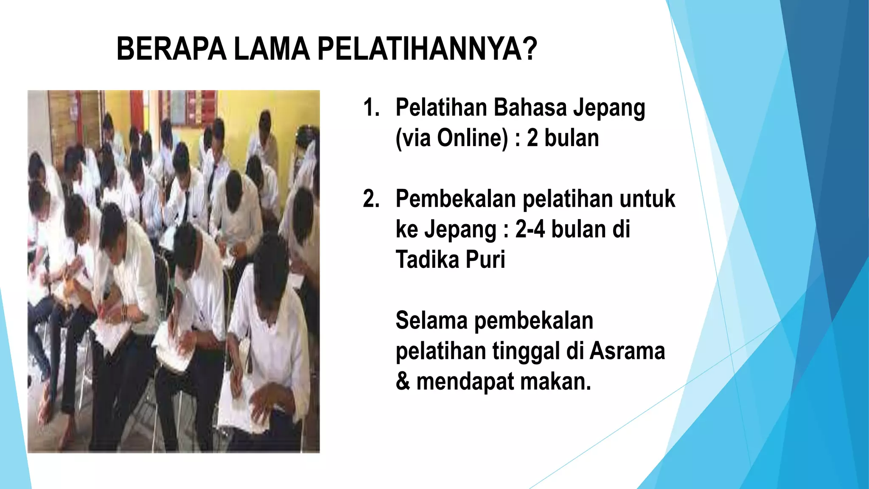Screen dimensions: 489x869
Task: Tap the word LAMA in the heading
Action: click(272, 49)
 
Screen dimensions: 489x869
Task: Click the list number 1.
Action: click(371, 107)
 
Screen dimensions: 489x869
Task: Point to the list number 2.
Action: click(371, 199)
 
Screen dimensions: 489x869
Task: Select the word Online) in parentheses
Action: click(472, 138)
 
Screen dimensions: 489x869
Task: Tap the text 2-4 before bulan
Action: click(530, 229)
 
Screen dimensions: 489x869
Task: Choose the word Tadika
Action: click(427, 259)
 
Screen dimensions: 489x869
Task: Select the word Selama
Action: click(431, 320)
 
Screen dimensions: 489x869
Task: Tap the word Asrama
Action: click(627, 351)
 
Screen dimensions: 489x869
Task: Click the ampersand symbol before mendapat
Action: click(402, 381)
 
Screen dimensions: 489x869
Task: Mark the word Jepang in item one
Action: click(609, 108)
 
